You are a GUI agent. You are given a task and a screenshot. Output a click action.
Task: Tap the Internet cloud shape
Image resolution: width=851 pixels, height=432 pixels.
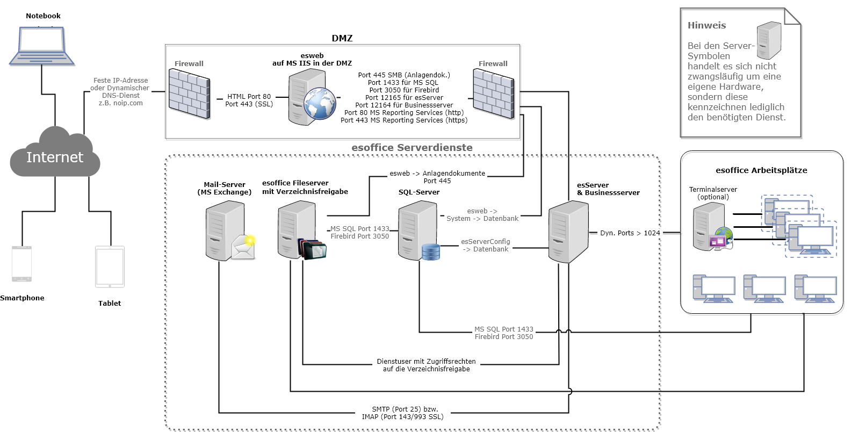(55, 156)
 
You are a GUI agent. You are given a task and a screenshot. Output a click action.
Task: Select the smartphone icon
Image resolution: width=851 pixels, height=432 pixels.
(22, 264)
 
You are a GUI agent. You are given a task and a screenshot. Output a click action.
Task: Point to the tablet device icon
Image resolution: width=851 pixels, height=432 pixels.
(110, 267)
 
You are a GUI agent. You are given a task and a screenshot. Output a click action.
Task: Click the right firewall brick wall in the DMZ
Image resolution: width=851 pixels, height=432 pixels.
(493, 95)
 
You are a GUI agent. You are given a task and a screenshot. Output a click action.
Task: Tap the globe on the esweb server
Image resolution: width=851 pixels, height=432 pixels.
(320, 104)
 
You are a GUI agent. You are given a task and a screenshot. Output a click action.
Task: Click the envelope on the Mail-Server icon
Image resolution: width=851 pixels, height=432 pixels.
(243, 248)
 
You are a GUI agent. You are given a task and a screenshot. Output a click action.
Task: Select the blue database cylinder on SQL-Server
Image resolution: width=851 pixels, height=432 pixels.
(431, 251)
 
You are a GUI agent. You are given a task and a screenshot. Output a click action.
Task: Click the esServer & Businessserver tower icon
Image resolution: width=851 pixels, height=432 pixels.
(568, 232)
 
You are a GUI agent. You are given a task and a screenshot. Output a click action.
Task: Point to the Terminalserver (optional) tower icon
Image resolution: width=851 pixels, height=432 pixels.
(709, 226)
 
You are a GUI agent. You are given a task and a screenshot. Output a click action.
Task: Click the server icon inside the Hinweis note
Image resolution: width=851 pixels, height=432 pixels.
(769, 40)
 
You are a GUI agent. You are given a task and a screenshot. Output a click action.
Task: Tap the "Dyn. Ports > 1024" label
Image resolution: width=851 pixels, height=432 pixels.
(630, 233)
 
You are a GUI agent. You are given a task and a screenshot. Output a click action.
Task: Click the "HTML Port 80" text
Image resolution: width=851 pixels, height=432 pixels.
(249, 97)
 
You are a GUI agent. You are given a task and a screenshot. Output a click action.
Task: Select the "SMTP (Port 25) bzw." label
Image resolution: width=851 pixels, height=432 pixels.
(405, 409)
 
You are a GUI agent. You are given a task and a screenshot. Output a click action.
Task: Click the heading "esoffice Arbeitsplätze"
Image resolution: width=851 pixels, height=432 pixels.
(761, 170)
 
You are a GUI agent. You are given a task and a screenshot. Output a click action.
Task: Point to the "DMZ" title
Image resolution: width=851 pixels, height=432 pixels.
(342, 38)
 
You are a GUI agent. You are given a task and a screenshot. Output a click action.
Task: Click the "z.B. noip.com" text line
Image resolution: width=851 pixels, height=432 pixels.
(120, 103)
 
